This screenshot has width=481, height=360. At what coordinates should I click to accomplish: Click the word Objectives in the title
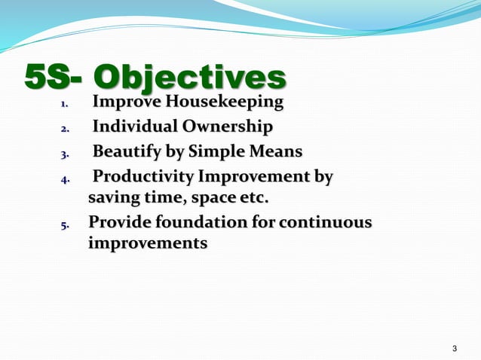[189, 78]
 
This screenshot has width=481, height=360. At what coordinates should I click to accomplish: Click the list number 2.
[64, 130]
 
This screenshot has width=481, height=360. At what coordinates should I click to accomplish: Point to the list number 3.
[64, 154]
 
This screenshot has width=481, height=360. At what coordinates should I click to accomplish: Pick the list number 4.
[64, 180]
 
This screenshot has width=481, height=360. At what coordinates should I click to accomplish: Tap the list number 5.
[64, 225]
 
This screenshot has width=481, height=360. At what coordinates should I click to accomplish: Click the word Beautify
[126, 152]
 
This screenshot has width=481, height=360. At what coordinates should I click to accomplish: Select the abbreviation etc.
[254, 200]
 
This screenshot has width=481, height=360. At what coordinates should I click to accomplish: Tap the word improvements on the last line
[148, 245]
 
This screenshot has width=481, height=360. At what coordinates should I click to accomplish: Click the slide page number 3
[454, 348]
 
